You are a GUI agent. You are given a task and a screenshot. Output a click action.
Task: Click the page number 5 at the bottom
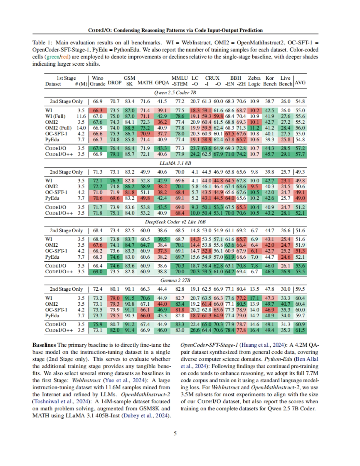click(x=175, y=433)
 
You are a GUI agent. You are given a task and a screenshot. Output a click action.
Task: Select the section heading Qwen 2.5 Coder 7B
click(x=175, y=93)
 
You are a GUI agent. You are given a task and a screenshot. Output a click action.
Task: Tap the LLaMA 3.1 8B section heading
click(x=175, y=163)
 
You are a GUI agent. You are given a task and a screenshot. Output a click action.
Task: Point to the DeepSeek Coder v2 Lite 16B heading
click(x=175, y=222)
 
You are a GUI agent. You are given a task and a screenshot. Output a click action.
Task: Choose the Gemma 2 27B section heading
click(x=175, y=280)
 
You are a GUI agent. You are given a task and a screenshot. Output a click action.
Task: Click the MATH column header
click(x=145, y=83)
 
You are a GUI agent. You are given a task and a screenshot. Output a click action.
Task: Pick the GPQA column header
click(x=162, y=83)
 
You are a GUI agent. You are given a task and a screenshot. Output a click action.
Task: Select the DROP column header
click(x=115, y=83)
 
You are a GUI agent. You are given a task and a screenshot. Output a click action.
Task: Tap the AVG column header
click(x=300, y=83)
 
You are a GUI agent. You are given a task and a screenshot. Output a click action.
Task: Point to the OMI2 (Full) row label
click(x=58, y=128)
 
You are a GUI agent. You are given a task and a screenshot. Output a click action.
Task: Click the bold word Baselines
click(x=44, y=345)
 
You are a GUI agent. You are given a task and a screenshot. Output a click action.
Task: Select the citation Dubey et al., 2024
click(x=145, y=416)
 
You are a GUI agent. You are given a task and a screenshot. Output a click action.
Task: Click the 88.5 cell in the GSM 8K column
click(x=130, y=128)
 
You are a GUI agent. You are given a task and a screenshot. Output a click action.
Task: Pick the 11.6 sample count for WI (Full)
click(x=81, y=116)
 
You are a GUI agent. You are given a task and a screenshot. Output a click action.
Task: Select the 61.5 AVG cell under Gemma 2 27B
click(x=300, y=330)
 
